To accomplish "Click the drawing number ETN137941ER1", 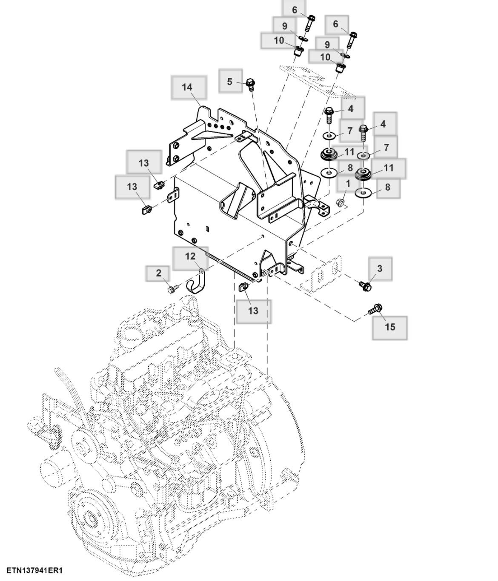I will tap(34, 570).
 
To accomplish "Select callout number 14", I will tap(187, 87).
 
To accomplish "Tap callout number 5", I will tap(230, 81).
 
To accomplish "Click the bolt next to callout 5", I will tap(250, 84).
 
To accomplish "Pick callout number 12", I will tap(190, 256).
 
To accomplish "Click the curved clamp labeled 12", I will tap(197, 283).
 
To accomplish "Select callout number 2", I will tap(159, 273).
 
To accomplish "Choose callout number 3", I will tap(380, 268).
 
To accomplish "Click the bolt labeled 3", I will tap(365, 286).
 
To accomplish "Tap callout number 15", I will tap(390, 327).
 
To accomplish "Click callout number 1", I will tap(348, 184).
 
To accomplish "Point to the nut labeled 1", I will tap(340, 202).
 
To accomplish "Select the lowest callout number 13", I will tap(253, 311).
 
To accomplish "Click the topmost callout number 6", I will tap(295, 10).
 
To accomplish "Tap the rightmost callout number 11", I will tap(389, 168).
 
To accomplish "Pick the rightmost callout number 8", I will tap(387, 187).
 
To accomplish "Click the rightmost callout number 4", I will tap(383, 124).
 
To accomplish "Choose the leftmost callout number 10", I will tap(279, 41).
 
